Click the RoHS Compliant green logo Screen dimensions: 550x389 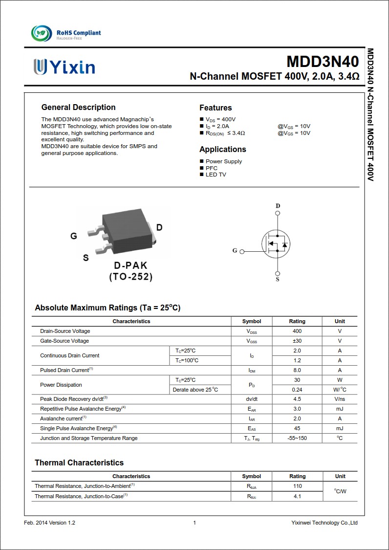pyautogui.click(x=42, y=33)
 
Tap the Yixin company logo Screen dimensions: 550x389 pyautogui.click(x=64, y=67)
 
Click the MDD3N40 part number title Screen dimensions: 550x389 pyautogui.click(x=322, y=62)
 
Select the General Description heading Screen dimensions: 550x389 pyautogui.click(x=78, y=108)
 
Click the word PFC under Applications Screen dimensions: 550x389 pyautogui.click(x=211, y=168)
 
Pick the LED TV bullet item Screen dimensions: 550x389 pyautogui.click(x=216, y=175)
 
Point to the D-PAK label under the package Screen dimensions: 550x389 pyautogui.click(x=130, y=265)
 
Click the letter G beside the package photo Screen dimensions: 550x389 pyautogui.click(x=74, y=236)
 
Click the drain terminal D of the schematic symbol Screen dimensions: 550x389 pyautogui.click(x=278, y=206)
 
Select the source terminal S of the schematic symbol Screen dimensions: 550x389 pyautogui.click(x=278, y=279)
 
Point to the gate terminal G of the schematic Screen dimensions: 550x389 pyautogui.click(x=235, y=251)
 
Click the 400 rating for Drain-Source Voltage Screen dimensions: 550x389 pyautogui.click(x=297, y=331)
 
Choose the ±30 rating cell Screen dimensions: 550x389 pyautogui.click(x=297, y=341)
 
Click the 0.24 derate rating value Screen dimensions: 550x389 pyautogui.click(x=297, y=390)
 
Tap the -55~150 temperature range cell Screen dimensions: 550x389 pyautogui.click(x=297, y=438)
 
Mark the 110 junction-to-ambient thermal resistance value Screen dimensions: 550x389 pyautogui.click(x=297, y=486)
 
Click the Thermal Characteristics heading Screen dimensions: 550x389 pyautogui.click(x=79, y=462)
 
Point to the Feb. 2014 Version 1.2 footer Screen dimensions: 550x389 pyautogui.click(x=50, y=523)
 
